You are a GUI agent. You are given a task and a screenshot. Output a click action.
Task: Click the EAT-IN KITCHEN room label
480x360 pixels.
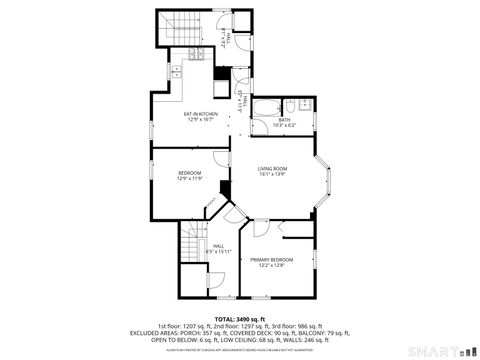(200, 113)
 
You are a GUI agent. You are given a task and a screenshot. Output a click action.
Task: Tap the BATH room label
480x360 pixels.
(284, 120)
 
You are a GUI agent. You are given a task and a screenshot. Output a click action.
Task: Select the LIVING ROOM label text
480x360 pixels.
(272, 168)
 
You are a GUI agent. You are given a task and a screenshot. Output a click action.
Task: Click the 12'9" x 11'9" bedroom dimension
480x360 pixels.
(190, 179)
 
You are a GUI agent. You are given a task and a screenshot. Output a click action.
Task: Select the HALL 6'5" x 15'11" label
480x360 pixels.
(219, 248)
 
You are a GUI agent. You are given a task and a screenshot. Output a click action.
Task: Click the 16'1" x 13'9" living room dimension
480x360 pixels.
(272, 174)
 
